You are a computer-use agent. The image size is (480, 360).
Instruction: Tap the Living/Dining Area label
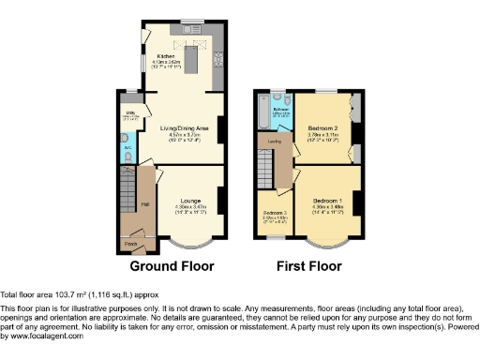coord(183,126)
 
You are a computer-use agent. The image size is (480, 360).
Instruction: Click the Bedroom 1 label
coord(326,200)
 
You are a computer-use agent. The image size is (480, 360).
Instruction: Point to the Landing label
coord(276,142)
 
